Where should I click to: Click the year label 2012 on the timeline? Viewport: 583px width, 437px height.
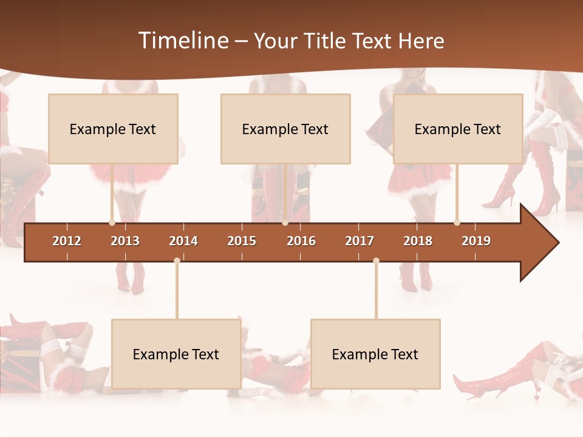[67, 241]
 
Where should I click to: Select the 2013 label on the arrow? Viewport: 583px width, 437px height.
[125, 241]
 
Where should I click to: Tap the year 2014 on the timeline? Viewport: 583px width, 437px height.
[183, 241]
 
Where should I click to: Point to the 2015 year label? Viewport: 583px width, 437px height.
[242, 241]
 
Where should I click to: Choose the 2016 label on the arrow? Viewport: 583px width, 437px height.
[301, 241]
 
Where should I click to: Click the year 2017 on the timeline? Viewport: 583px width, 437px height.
[360, 241]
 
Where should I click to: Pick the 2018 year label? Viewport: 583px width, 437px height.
[418, 241]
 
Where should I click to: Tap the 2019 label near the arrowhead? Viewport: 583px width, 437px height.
[476, 241]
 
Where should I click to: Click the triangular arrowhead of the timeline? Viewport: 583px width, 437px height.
[537, 243]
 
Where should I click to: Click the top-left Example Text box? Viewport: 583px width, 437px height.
[113, 129]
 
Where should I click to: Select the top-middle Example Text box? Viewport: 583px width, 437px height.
[285, 129]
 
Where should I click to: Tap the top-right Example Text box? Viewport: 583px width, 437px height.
[458, 129]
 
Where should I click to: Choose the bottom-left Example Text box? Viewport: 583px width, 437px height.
[176, 354]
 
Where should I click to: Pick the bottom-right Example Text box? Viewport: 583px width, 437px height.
[375, 354]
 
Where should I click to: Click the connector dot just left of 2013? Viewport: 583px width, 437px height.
[112, 222]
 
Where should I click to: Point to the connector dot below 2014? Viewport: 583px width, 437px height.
[177, 260]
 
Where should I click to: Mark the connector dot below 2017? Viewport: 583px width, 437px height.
[376, 260]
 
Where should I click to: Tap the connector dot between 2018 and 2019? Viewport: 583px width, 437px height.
[457, 222]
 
